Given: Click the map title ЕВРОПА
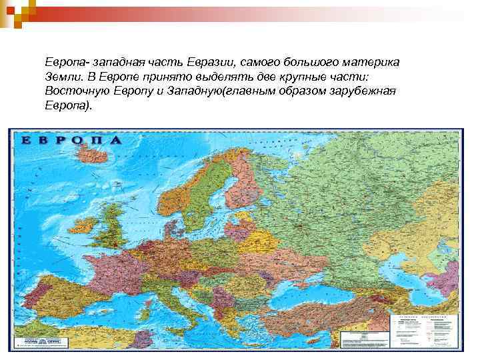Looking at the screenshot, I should click(x=71, y=141).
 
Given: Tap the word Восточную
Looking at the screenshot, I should click(x=75, y=91).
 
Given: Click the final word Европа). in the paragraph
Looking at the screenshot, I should click(x=67, y=105).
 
